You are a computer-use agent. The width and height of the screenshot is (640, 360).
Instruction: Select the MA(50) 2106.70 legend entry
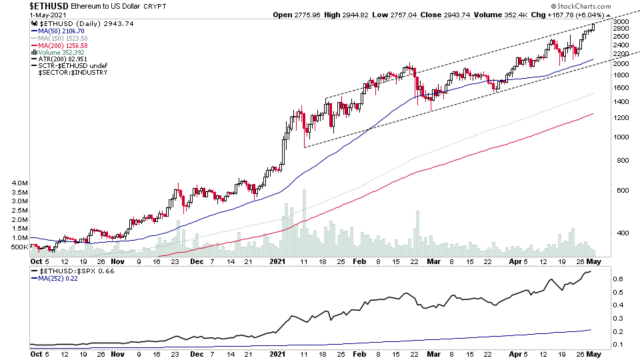pos(61,31)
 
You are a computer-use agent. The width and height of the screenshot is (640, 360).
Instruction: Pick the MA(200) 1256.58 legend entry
pos(62,45)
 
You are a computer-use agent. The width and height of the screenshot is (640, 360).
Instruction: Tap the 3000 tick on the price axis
pos(621,22)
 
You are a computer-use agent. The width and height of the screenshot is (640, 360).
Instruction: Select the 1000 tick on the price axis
pos(621,137)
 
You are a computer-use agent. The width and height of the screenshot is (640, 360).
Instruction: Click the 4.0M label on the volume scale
pos(19,183)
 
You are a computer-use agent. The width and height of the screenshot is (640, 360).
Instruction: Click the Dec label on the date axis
pos(197,262)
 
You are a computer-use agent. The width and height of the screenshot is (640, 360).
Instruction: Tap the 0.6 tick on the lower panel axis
pos(618,279)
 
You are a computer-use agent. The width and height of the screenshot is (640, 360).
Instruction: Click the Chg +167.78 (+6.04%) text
pos(587,14)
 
